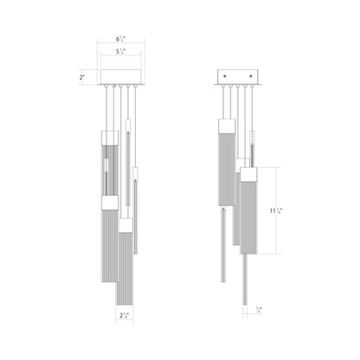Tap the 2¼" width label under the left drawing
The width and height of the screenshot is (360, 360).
pyautogui.click(x=125, y=317)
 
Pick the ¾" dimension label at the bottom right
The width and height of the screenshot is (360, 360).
pyautogui.click(x=260, y=309)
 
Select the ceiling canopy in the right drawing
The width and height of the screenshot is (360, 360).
pyautogui.click(x=236, y=75)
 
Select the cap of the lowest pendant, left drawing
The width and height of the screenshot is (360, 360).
pyautogui.click(x=125, y=226)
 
